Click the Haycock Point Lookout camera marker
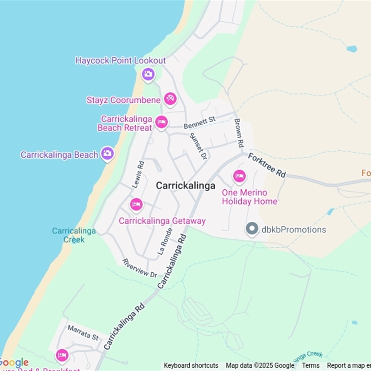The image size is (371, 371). (148, 74)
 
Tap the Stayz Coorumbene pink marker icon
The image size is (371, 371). (170, 99)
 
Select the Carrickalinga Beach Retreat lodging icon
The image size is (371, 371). (161, 122)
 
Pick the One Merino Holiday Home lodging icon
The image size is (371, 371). (239, 176)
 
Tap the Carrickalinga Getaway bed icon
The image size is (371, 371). (136, 204)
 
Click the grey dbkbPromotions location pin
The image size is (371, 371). (252, 229)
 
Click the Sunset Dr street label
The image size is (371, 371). (198, 146)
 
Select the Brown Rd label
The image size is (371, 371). (239, 133)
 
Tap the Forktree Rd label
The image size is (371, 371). (267, 166)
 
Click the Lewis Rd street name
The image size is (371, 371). (138, 174)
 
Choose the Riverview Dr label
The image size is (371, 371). (140, 268)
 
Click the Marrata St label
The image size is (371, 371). (83, 332)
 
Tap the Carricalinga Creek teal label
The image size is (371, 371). (74, 235)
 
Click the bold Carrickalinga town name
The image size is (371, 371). (185, 185)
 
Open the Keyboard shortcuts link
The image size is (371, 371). (191, 365)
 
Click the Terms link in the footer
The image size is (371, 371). (311, 365)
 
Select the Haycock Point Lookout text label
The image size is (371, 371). (121, 61)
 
